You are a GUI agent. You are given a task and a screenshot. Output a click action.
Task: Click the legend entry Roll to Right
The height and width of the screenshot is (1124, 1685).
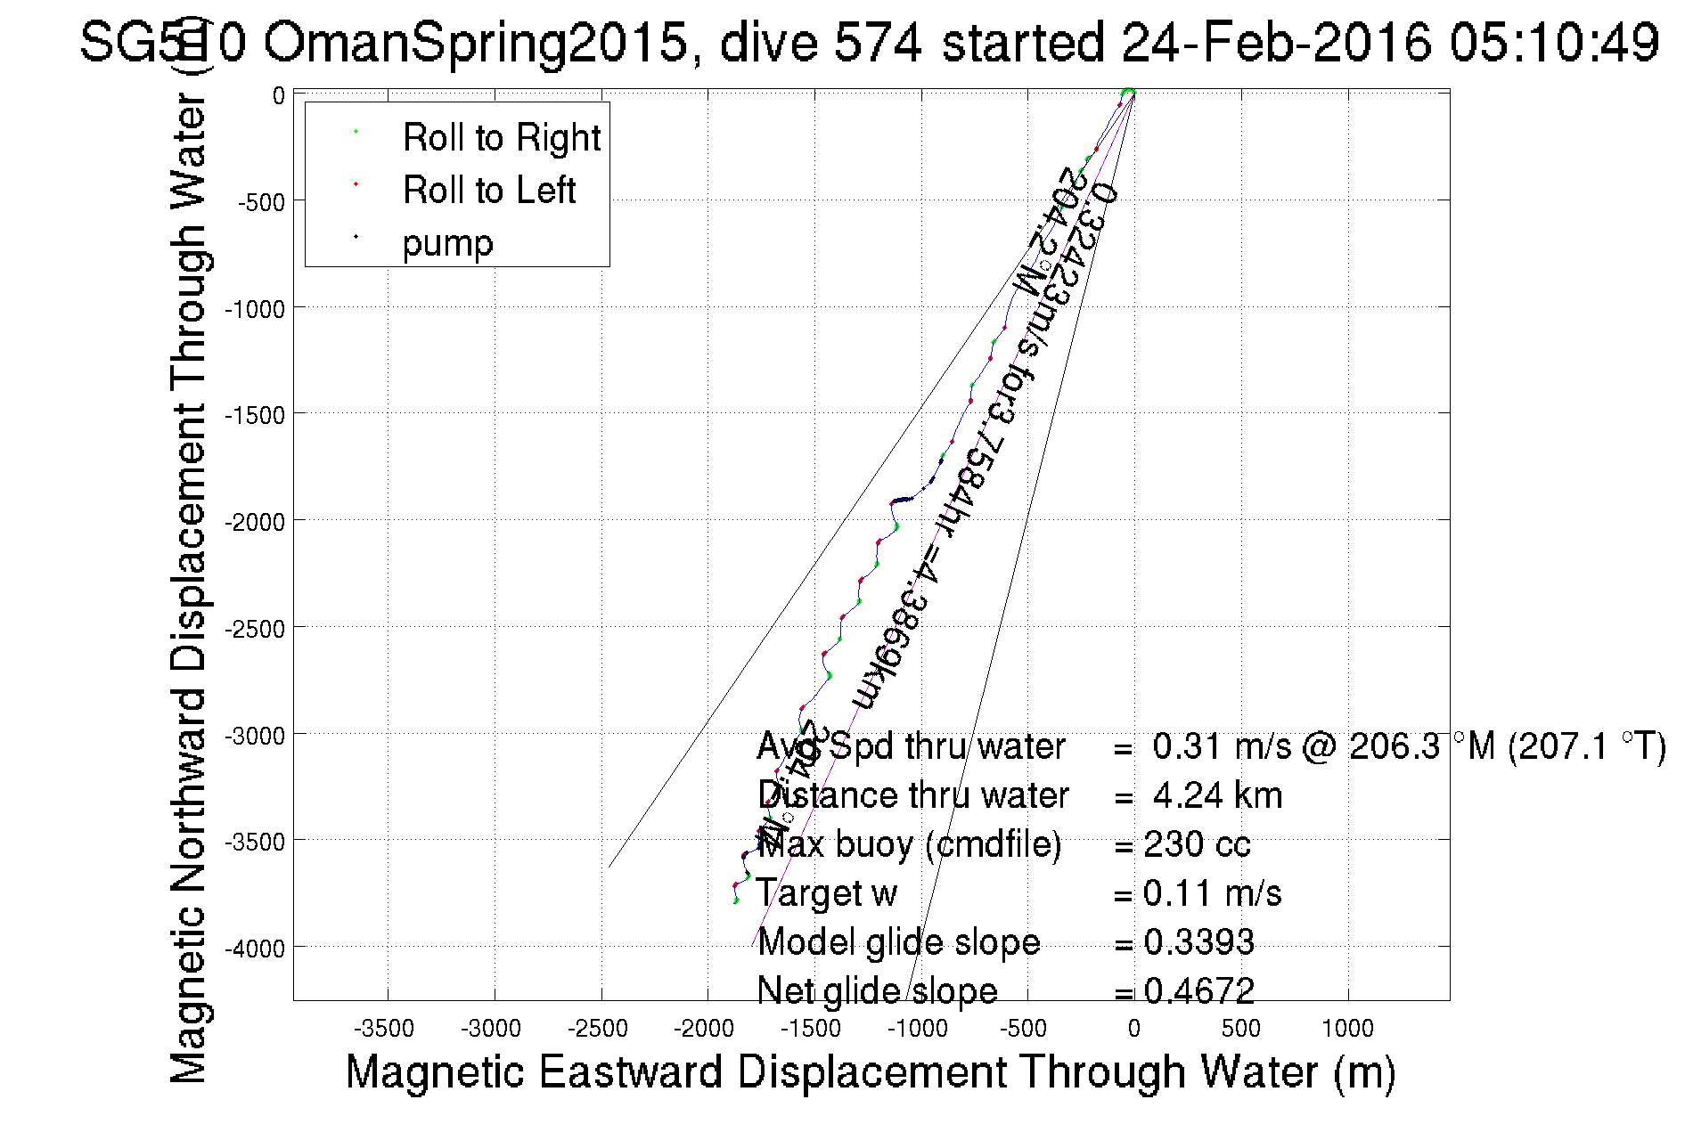(501, 138)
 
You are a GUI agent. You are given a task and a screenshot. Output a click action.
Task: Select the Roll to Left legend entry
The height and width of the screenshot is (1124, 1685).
(488, 191)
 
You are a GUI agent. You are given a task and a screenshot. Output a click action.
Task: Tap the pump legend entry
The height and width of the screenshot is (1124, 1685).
(447, 243)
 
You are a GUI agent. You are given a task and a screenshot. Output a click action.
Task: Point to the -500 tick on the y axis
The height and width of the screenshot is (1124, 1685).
(261, 202)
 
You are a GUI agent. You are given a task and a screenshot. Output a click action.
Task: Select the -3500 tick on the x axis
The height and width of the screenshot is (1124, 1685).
(384, 1029)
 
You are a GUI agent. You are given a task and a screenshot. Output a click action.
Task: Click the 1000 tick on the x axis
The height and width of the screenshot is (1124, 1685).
(1347, 1029)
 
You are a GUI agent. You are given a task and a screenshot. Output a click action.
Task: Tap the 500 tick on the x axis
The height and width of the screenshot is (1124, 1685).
(1240, 1029)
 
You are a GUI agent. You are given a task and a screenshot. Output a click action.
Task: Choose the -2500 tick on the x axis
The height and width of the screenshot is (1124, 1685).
(598, 1029)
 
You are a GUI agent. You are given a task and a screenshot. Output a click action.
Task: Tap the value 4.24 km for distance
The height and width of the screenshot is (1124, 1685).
(1217, 795)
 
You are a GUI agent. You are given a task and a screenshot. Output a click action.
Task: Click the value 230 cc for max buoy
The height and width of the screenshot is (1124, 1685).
(1197, 844)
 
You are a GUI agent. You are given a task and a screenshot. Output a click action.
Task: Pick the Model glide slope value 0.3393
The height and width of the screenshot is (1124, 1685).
(1198, 942)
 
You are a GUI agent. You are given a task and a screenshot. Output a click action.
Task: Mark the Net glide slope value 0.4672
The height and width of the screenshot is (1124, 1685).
(1198, 990)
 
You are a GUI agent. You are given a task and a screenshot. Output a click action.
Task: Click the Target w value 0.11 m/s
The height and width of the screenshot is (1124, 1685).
(1212, 893)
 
